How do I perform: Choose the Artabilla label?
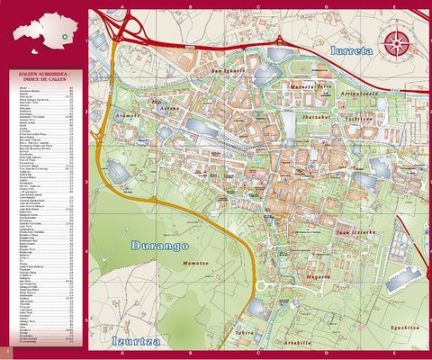(297, 342)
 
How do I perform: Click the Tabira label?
(243, 332)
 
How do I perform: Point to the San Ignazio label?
(228, 70)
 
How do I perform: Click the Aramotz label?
(127, 115)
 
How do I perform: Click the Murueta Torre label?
(313, 87)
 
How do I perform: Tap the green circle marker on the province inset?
(64, 25)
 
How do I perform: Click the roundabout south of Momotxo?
(262, 286)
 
